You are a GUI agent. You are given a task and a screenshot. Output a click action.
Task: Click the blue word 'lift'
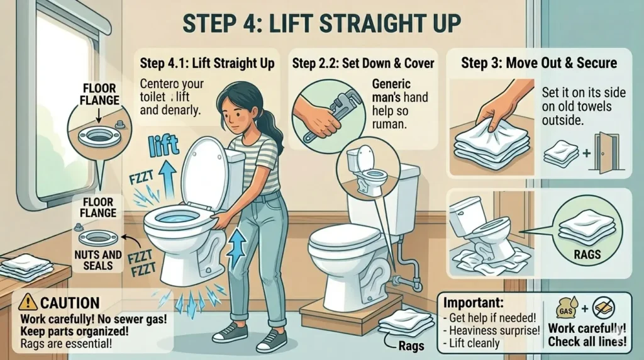point(164,146)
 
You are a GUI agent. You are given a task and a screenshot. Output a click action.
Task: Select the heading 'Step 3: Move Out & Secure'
point(539,63)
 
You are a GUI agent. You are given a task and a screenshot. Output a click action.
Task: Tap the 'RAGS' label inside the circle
point(587,255)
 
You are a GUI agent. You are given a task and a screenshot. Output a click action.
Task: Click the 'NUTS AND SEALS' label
point(97,260)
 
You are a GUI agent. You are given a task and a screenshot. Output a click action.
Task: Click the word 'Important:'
point(473,303)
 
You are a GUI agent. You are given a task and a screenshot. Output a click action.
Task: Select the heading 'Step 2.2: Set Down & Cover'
point(363,63)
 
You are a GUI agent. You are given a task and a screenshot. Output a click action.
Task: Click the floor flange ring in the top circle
point(99,135)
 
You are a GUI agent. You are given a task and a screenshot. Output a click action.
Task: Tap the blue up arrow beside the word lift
point(167,179)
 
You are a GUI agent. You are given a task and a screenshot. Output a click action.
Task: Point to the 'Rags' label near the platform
point(411,346)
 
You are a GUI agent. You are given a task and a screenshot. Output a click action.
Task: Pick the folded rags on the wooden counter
point(26,267)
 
